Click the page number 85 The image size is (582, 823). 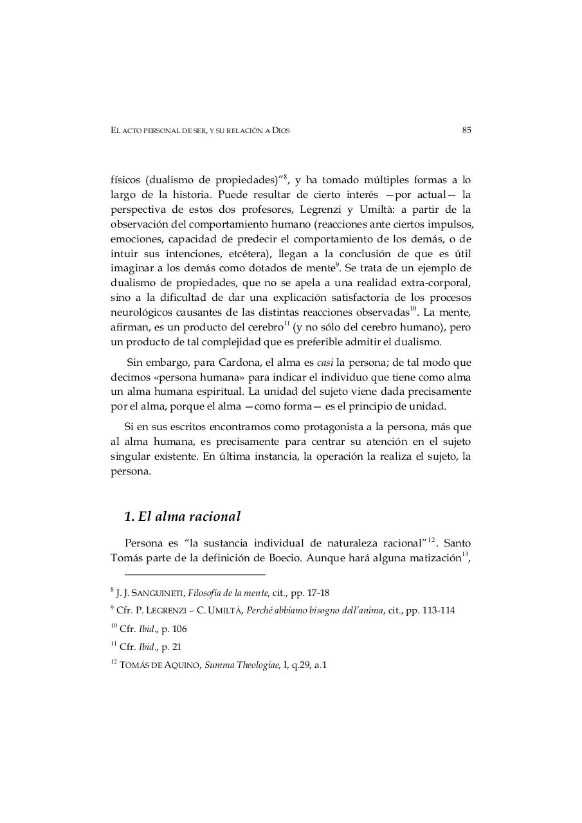(466, 131)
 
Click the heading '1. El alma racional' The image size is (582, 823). (182, 516)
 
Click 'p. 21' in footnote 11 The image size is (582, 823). (171, 647)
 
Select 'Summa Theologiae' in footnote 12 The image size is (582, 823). (239, 666)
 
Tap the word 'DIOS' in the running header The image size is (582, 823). (281, 131)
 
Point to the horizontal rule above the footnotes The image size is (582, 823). (194, 575)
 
